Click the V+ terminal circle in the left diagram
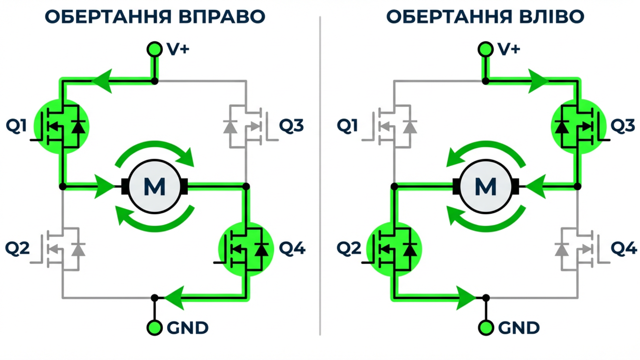(x=155, y=49)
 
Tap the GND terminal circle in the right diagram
(x=486, y=328)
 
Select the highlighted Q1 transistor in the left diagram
(x=62, y=126)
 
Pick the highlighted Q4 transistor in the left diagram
(x=246, y=249)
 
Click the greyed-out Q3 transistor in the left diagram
(x=246, y=126)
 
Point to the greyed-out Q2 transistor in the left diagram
(x=63, y=249)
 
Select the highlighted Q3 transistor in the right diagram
(x=578, y=126)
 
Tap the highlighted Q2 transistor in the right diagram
(x=394, y=249)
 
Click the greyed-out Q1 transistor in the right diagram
(x=394, y=126)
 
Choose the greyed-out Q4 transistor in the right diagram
(x=578, y=249)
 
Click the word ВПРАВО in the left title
(x=222, y=17)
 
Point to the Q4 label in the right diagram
(x=624, y=248)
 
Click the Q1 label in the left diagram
(x=16, y=126)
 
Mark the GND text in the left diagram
(x=187, y=328)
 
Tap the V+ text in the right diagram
(x=509, y=49)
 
